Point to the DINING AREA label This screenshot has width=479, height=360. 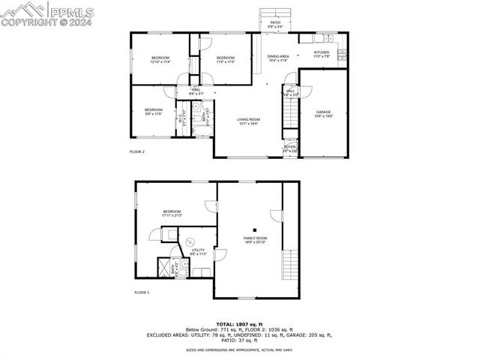278,58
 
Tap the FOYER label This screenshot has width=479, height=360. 289,148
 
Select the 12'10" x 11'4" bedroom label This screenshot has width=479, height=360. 160,60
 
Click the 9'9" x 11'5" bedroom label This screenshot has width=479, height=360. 153,112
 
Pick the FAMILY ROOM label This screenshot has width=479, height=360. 256,239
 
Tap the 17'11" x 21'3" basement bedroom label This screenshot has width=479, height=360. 172,214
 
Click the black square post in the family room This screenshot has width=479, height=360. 255,230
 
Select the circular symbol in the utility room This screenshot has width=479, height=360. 190,241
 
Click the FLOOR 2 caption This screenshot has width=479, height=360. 136,151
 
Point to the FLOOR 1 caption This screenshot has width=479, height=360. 142,292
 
